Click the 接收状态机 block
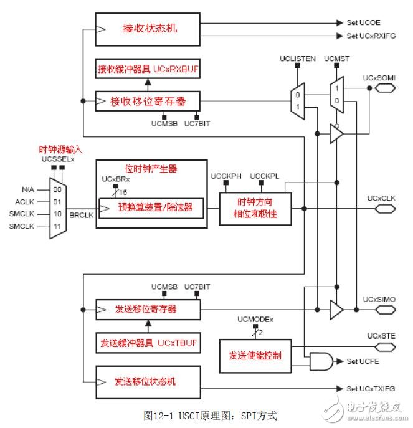(x=147, y=29)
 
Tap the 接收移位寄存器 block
(x=147, y=100)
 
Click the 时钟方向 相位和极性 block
(x=248, y=209)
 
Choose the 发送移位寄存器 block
(x=147, y=308)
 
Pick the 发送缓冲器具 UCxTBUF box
(x=147, y=343)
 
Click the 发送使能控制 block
(x=255, y=356)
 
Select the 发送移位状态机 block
(x=147, y=379)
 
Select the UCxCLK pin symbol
(x=384, y=209)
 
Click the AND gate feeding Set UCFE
(x=321, y=360)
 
